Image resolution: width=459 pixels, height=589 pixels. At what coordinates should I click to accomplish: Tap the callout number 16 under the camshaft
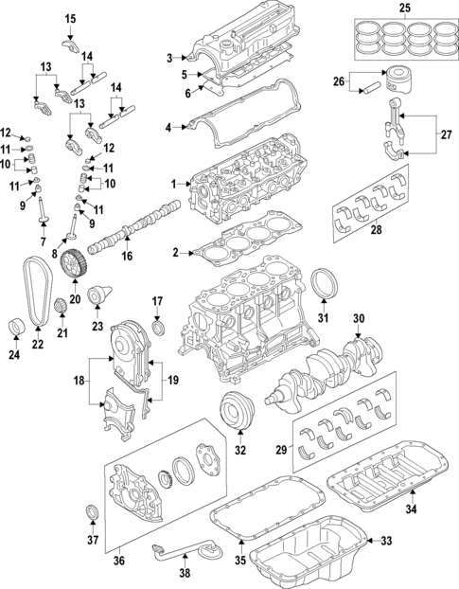pos(126,256)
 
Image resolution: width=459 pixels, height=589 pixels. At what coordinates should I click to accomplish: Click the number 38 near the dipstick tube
pos(185,573)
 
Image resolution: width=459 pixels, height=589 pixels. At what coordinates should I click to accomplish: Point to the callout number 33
pos(385,541)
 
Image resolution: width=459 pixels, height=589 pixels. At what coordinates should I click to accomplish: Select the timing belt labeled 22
pos(36,294)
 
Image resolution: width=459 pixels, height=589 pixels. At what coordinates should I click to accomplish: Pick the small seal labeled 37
pos(92,513)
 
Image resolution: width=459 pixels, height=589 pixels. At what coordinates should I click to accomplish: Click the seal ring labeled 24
pos(15,328)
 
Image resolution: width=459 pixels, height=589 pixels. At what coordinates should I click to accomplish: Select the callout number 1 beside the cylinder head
pos(172,184)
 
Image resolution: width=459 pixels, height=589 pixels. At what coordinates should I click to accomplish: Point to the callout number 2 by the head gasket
pos(175,252)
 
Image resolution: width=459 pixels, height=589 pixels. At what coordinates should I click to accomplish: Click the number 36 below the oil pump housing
pos(119,561)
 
